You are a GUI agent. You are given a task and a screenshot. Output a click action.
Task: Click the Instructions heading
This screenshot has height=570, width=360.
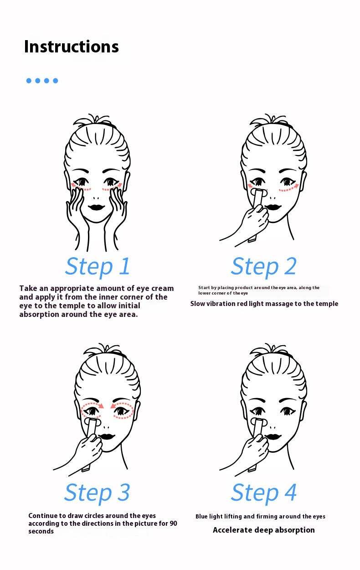[72, 47]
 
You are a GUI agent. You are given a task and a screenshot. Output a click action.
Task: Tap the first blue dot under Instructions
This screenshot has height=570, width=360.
[29, 81]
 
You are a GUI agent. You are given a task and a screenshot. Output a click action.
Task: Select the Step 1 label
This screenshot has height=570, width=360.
[98, 267]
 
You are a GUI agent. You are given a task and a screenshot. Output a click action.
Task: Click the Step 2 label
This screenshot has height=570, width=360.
[264, 267]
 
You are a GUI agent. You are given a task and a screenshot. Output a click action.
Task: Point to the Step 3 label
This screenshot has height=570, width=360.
[97, 492]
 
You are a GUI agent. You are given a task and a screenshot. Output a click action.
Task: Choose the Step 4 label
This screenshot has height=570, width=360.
[264, 492]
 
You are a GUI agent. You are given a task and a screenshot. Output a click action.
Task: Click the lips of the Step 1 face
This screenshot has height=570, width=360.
[96, 207]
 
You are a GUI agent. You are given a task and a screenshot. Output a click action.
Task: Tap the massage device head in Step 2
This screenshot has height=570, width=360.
[259, 193]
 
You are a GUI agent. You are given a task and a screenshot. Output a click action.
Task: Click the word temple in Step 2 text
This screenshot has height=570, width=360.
[326, 304]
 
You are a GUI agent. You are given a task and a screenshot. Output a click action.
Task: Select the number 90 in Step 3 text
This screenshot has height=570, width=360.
[173, 523]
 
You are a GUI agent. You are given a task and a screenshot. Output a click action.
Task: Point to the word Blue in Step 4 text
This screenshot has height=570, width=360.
[201, 516]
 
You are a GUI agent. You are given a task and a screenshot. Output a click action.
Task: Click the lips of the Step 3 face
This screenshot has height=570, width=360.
[107, 436]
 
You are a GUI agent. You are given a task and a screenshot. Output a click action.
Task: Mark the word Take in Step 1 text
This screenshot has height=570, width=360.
[28, 288]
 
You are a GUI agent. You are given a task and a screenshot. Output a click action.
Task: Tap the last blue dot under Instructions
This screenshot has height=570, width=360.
[55, 81]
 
